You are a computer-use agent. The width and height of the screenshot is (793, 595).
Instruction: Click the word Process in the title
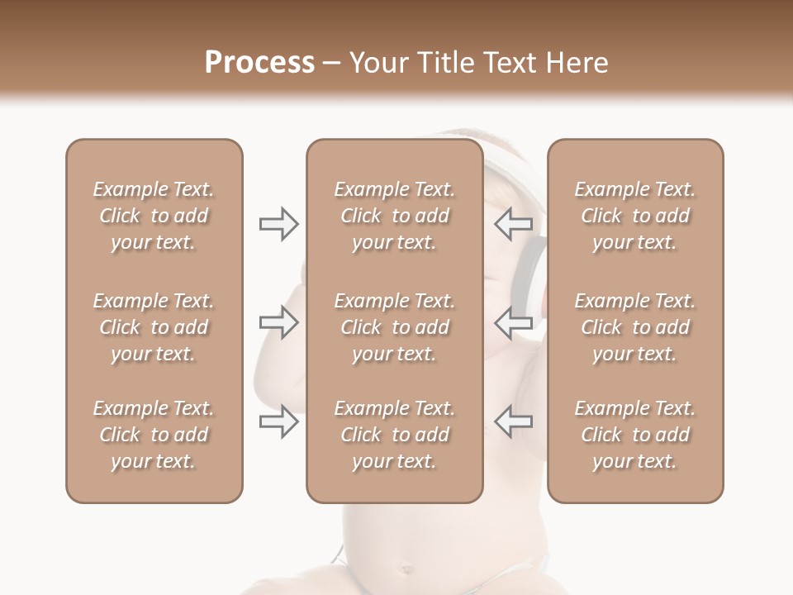click(x=259, y=63)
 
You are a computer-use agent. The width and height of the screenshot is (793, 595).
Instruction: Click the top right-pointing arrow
click(x=278, y=224)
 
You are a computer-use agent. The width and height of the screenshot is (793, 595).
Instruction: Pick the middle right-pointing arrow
click(x=278, y=322)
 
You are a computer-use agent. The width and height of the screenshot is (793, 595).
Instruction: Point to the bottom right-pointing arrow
click(x=278, y=421)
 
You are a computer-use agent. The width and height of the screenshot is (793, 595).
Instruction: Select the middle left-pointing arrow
click(x=513, y=322)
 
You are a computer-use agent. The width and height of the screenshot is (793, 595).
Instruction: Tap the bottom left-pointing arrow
click(x=513, y=421)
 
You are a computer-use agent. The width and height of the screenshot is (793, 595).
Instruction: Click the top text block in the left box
click(x=154, y=216)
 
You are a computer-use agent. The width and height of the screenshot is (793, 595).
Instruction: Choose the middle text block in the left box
click(x=154, y=327)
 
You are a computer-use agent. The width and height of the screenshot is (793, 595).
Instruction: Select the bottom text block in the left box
click(x=154, y=435)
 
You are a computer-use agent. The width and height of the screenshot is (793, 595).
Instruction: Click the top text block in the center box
click(x=394, y=216)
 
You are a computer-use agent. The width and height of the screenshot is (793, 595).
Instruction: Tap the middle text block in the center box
click(x=394, y=327)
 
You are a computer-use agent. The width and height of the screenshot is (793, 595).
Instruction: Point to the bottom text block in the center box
click(x=394, y=435)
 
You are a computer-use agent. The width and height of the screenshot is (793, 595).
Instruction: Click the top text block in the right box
click(x=634, y=216)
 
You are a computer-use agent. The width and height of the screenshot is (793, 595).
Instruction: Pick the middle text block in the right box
click(x=634, y=327)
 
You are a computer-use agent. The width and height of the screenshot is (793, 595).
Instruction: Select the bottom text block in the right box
click(x=634, y=435)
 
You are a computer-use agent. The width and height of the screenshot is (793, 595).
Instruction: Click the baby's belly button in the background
click(x=406, y=569)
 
